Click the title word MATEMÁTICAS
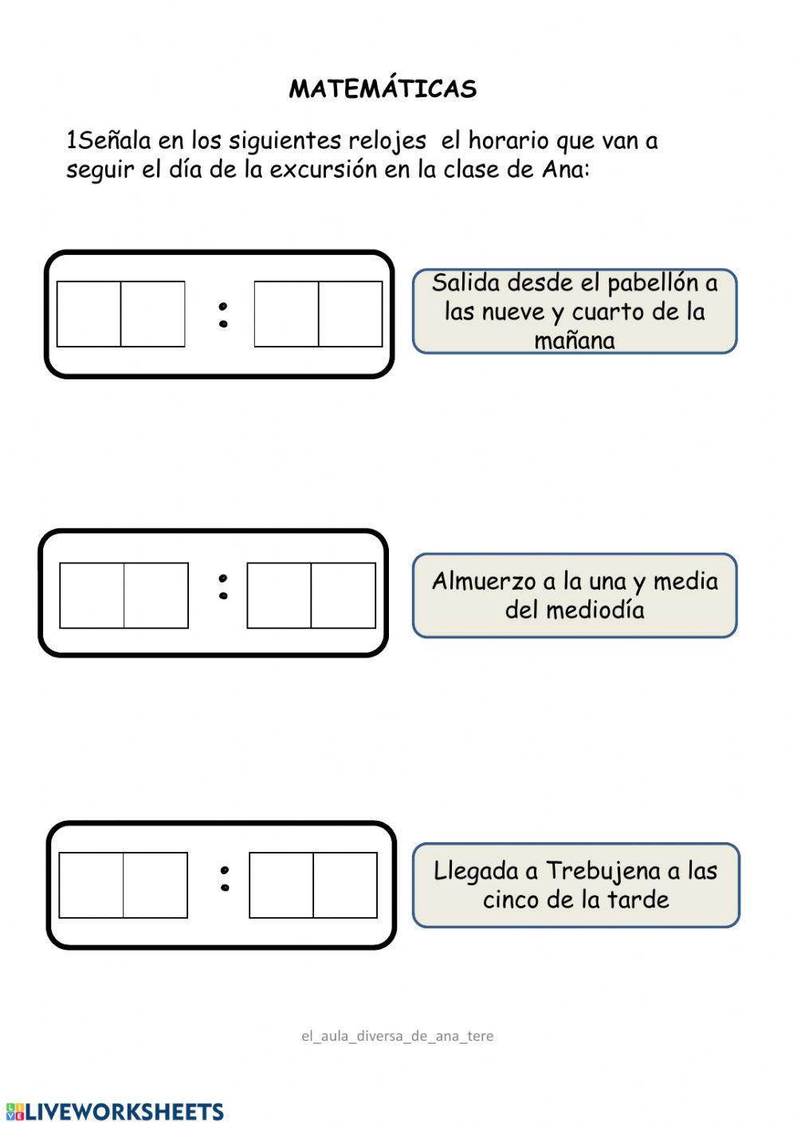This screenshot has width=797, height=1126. pyautogui.click(x=383, y=88)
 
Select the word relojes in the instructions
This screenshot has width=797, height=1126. pyautogui.click(x=387, y=141)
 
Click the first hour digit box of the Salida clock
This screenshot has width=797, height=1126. pyautogui.click(x=89, y=314)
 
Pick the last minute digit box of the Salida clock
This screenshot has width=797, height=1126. pyautogui.click(x=350, y=314)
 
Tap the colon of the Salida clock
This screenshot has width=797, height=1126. pyautogui.click(x=223, y=315)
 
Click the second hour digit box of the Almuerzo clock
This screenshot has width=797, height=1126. pyautogui.click(x=156, y=595)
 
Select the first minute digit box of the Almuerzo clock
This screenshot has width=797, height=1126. pyautogui.click(x=279, y=595)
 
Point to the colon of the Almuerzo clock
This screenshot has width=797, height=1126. pyautogui.click(x=223, y=587)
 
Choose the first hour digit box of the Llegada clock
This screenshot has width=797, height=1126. pyautogui.click(x=91, y=885)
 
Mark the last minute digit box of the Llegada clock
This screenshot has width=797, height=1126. pyautogui.click(x=345, y=885)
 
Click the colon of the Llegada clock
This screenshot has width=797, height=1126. pyautogui.click(x=225, y=878)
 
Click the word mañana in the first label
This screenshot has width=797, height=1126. pyautogui.click(x=574, y=341)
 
